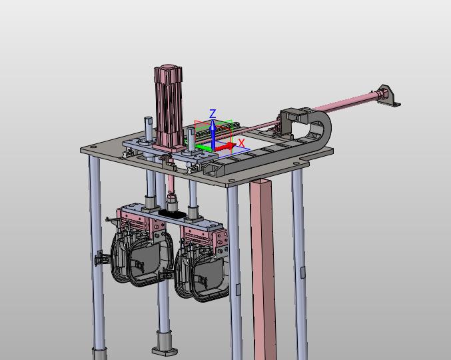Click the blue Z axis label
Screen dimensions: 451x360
(213, 114)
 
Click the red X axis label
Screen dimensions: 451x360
(242, 143)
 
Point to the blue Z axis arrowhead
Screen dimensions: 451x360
(213, 124)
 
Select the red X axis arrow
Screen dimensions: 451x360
(225, 147)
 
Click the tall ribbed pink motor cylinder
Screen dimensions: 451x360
(169, 107)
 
